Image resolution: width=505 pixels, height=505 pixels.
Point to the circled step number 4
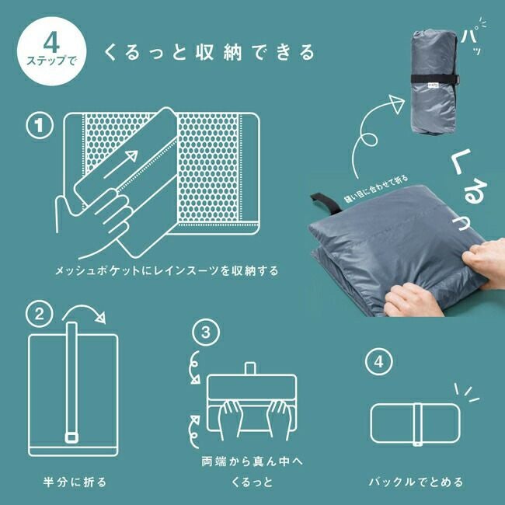click(378, 363)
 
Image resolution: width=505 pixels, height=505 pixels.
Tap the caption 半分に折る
click(74, 482)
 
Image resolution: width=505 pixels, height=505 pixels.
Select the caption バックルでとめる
click(416, 482)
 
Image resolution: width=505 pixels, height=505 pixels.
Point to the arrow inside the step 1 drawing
click(125, 167)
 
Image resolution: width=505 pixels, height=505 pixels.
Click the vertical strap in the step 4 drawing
click(417, 426)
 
